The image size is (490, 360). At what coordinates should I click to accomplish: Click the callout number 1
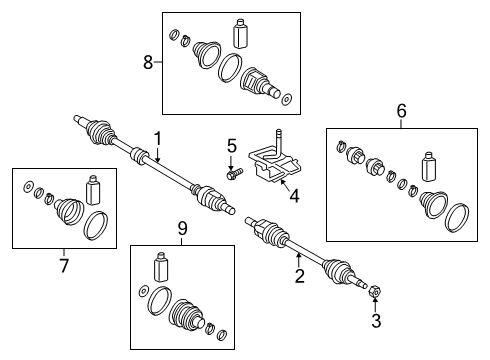[157, 139]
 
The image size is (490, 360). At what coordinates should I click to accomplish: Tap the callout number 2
[300, 276]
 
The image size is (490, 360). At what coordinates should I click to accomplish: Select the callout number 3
[376, 321]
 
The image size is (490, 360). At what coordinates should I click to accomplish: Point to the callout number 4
[294, 196]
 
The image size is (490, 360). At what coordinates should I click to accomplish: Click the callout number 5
[232, 146]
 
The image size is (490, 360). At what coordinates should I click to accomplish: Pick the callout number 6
[402, 111]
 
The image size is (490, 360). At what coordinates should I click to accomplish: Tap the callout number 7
[64, 266]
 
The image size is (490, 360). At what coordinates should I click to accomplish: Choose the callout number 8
[148, 62]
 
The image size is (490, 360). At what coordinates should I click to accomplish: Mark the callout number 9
[182, 228]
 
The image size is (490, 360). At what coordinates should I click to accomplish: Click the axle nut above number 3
[374, 292]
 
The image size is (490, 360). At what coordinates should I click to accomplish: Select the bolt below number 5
[234, 174]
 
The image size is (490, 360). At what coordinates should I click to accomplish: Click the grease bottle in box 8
[240, 34]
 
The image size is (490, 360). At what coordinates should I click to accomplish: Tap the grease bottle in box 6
[429, 167]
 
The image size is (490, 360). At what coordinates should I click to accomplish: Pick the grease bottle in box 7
[93, 190]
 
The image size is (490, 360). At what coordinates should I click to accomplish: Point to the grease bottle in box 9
[160, 267]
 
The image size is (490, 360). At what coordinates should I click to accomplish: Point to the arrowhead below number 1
[157, 160]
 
